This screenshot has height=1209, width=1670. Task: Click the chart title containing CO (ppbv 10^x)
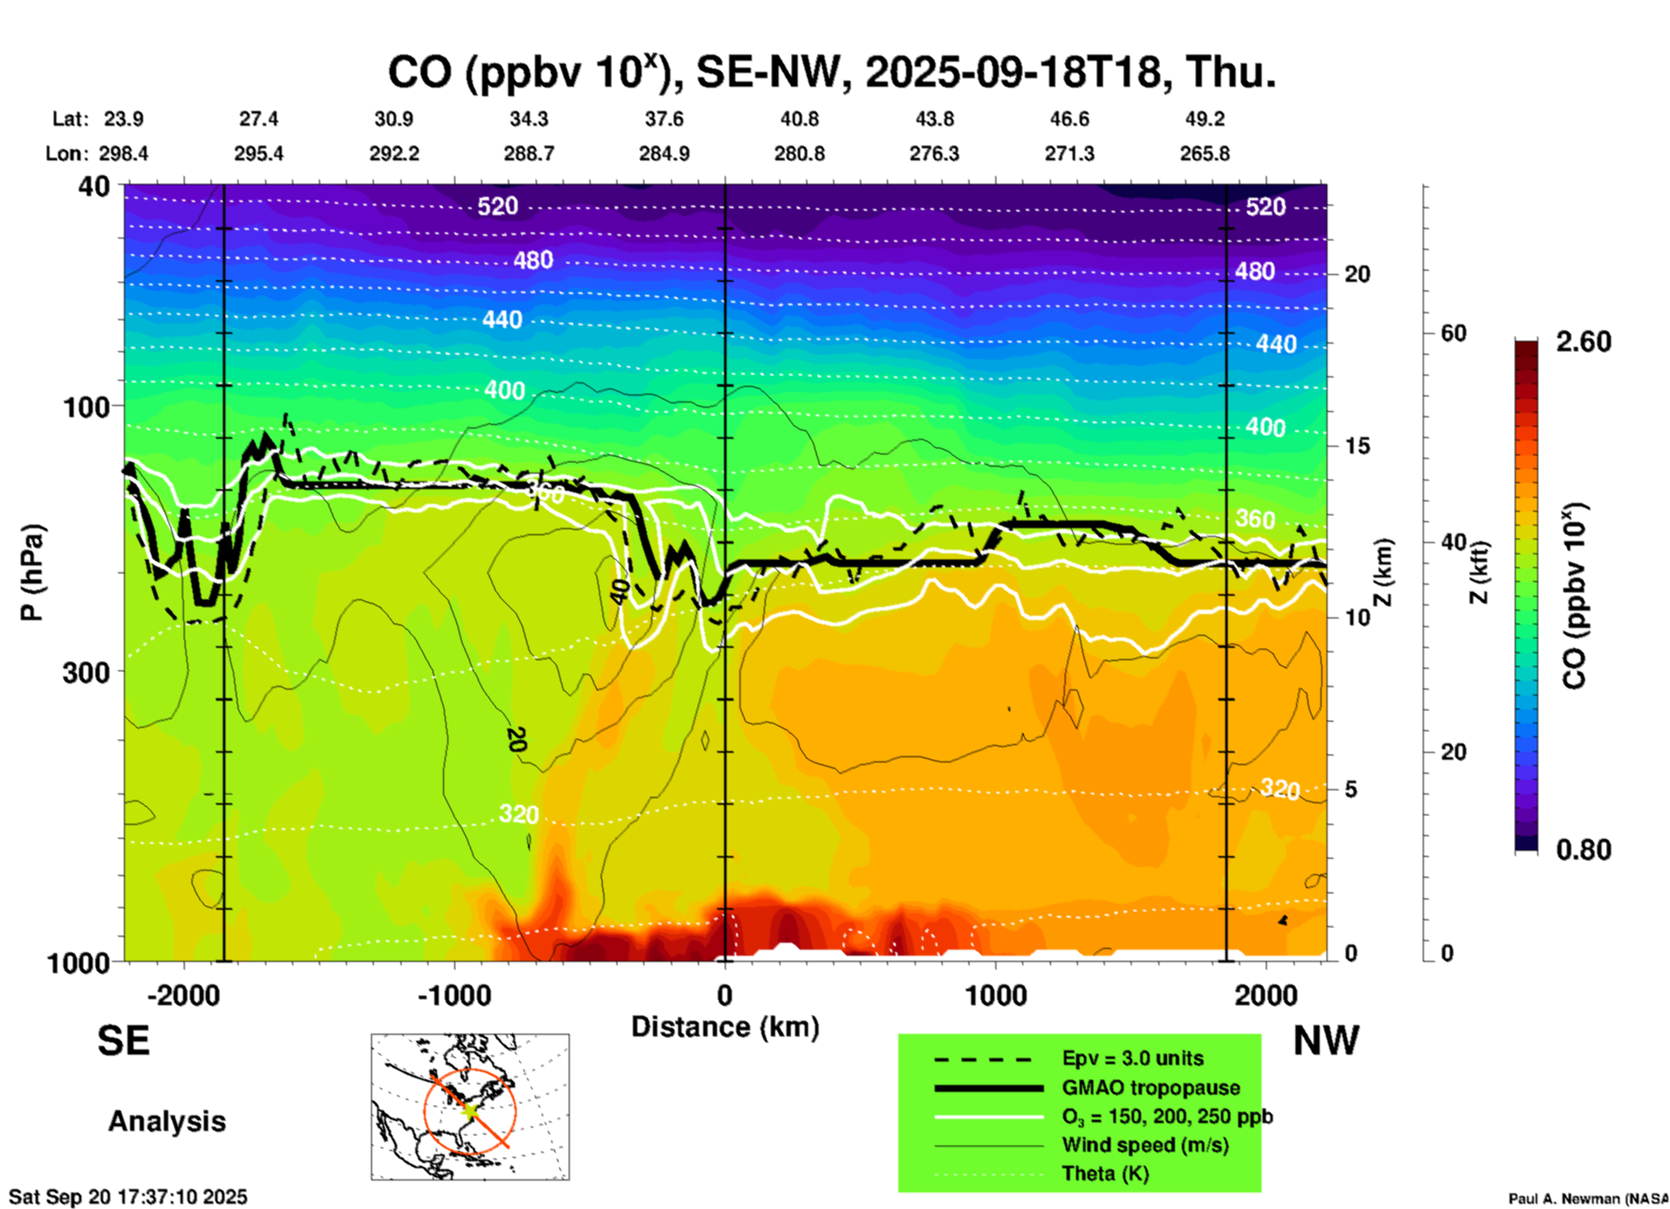pyautogui.click(x=831, y=73)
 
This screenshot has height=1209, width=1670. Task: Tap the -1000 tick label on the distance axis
pyautogui.click(x=453, y=996)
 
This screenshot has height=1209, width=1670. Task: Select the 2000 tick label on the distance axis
pyautogui.click(x=1266, y=996)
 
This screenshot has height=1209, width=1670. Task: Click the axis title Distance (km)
pyautogui.click(x=725, y=1027)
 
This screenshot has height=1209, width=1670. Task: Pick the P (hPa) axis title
pyautogui.click(x=32, y=572)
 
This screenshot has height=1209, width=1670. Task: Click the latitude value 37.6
pyautogui.click(x=663, y=119)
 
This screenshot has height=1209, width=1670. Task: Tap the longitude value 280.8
pyautogui.click(x=799, y=154)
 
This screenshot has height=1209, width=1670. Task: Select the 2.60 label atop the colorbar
pyautogui.click(x=1583, y=342)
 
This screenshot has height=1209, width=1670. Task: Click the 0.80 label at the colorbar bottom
pyautogui.click(x=1583, y=850)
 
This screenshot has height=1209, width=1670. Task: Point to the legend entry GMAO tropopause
pyautogui.click(x=1151, y=1088)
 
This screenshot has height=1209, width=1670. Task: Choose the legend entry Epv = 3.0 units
pyautogui.click(x=1132, y=1058)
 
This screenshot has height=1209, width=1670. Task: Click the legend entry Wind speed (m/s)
pyautogui.click(x=1145, y=1145)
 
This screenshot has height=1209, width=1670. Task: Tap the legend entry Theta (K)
pyautogui.click(x=1105, y=1173)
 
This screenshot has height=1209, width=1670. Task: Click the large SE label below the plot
pyautogui.click(x=123, y=1041)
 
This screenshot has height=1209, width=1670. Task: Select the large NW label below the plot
pyautogui.click(x=1326, y=1041)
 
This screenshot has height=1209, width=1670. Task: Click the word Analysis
pyautogui.click(x=166, y=1121)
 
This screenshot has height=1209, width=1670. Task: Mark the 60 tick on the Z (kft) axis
pyautogui.click(x=1452, y=333)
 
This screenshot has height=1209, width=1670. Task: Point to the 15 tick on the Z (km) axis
pyautogui.click(x=1357, y=446)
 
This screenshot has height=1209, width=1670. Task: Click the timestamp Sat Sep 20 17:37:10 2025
pyautogui.click(x=128, y=1197)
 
